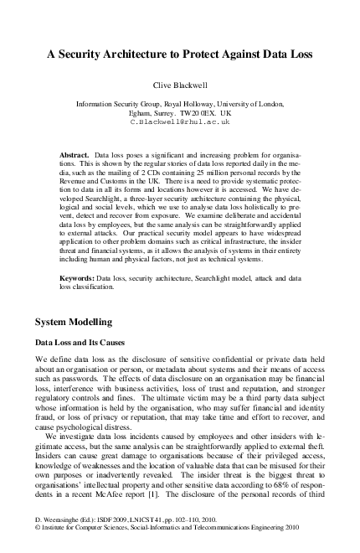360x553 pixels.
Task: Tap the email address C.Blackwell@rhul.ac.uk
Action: pyautogui.click(x=179, y=121)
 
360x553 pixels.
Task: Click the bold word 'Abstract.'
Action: pyautogui.click(x=76, y=156)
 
